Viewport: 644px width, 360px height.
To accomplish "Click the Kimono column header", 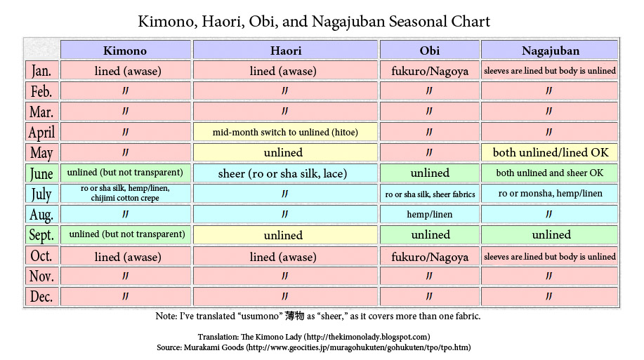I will pos(125,51).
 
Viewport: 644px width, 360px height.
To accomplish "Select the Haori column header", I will pos(285,51).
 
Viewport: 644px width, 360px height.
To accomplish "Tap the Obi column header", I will pos(429,51).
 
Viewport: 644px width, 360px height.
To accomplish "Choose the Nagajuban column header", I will pos(551,51).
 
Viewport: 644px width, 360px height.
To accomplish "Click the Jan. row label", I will pos(41,71).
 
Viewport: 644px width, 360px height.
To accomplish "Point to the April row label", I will pos(41,132).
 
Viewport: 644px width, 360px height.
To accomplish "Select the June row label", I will pos(41,173).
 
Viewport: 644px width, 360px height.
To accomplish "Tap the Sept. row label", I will pos(41,235).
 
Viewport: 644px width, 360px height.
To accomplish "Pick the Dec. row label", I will pos(41,297).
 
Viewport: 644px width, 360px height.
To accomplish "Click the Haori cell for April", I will pos(285,132).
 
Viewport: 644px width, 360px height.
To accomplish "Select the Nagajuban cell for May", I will pos(551,152).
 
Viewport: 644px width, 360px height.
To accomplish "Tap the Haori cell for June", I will pos(285,173).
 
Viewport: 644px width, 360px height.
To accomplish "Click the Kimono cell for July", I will pos(125,193).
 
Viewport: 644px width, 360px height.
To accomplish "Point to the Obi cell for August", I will pos(429,214).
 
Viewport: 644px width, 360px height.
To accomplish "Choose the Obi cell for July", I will pos(429,194).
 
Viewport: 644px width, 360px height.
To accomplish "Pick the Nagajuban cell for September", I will pos(551,235).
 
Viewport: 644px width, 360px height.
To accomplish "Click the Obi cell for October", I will pos(429,257).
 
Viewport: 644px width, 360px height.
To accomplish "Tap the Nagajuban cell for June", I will pos(551,173).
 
